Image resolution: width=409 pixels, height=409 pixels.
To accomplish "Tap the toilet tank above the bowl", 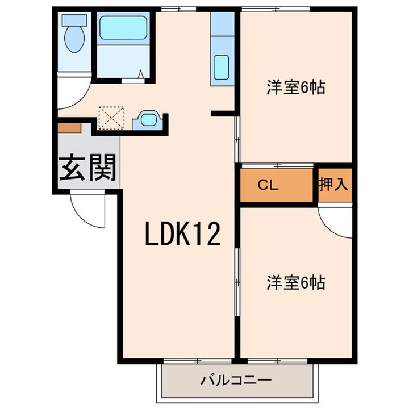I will tap(74, 19).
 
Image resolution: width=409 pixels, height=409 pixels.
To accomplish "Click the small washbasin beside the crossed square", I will tap(149, 120).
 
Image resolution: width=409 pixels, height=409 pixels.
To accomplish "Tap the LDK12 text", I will tap(182, 233).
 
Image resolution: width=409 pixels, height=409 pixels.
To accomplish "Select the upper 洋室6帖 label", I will tap(295, 88).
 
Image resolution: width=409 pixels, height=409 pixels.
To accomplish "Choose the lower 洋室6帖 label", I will tap(295, 282).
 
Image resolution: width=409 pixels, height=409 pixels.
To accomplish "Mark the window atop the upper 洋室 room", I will tap(276, 9).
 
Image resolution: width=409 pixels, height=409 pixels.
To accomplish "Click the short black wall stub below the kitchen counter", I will tap(223, 114).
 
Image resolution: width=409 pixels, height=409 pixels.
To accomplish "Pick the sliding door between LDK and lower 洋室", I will tap(236, 278).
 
